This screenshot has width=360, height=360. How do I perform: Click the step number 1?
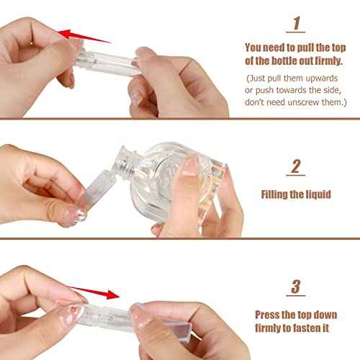pos(295,24)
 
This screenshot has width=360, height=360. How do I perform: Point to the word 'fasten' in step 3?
pos(313,328)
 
